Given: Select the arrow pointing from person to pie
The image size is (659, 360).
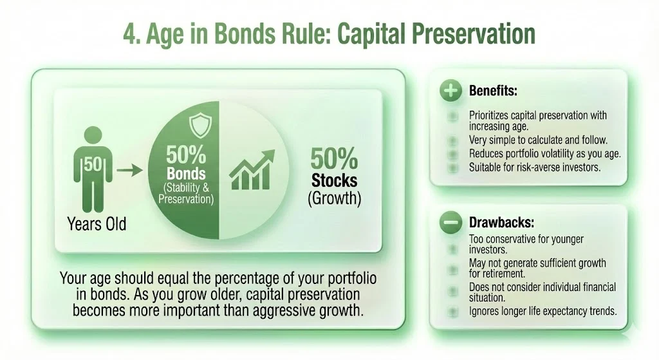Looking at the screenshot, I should pos(129,171).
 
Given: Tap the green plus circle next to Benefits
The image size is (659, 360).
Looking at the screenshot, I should pos(451,91).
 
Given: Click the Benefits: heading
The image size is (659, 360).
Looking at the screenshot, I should pos(493,91).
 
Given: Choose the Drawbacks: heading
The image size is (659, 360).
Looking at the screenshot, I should pos(501,223).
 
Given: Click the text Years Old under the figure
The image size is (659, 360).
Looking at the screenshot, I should pos(97,224).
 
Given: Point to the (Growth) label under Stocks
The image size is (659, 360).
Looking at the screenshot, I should pos(334,198).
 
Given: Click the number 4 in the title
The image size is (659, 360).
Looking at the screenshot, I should pos(131,35).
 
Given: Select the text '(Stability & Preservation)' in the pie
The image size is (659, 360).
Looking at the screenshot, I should pos(186,194).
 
